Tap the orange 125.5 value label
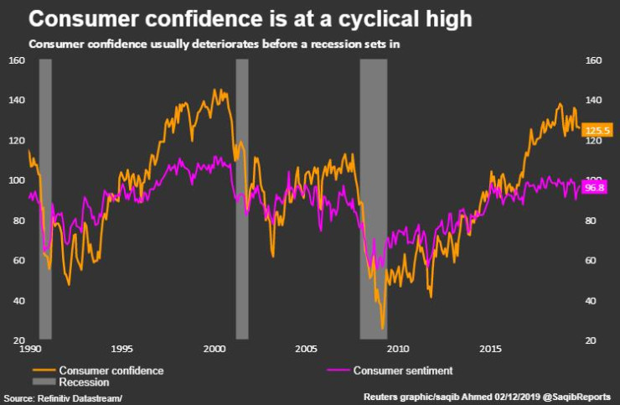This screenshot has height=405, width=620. point(599,130)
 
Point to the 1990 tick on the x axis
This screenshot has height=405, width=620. point(30,348)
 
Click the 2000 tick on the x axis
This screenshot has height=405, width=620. point(214,348)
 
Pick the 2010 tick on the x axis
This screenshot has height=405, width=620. point(397,348)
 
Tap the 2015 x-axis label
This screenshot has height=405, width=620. point(489,348)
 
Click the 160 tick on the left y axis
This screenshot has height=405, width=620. point(16,60)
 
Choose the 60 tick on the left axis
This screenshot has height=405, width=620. point(16,261)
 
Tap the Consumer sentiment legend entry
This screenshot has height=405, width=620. point(403,370)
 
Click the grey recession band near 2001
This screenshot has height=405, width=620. point(241,201)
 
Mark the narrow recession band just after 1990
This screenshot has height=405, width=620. point(45,201)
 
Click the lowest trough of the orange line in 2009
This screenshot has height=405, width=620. point(382,328)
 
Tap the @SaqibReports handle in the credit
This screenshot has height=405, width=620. point(578,397)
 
